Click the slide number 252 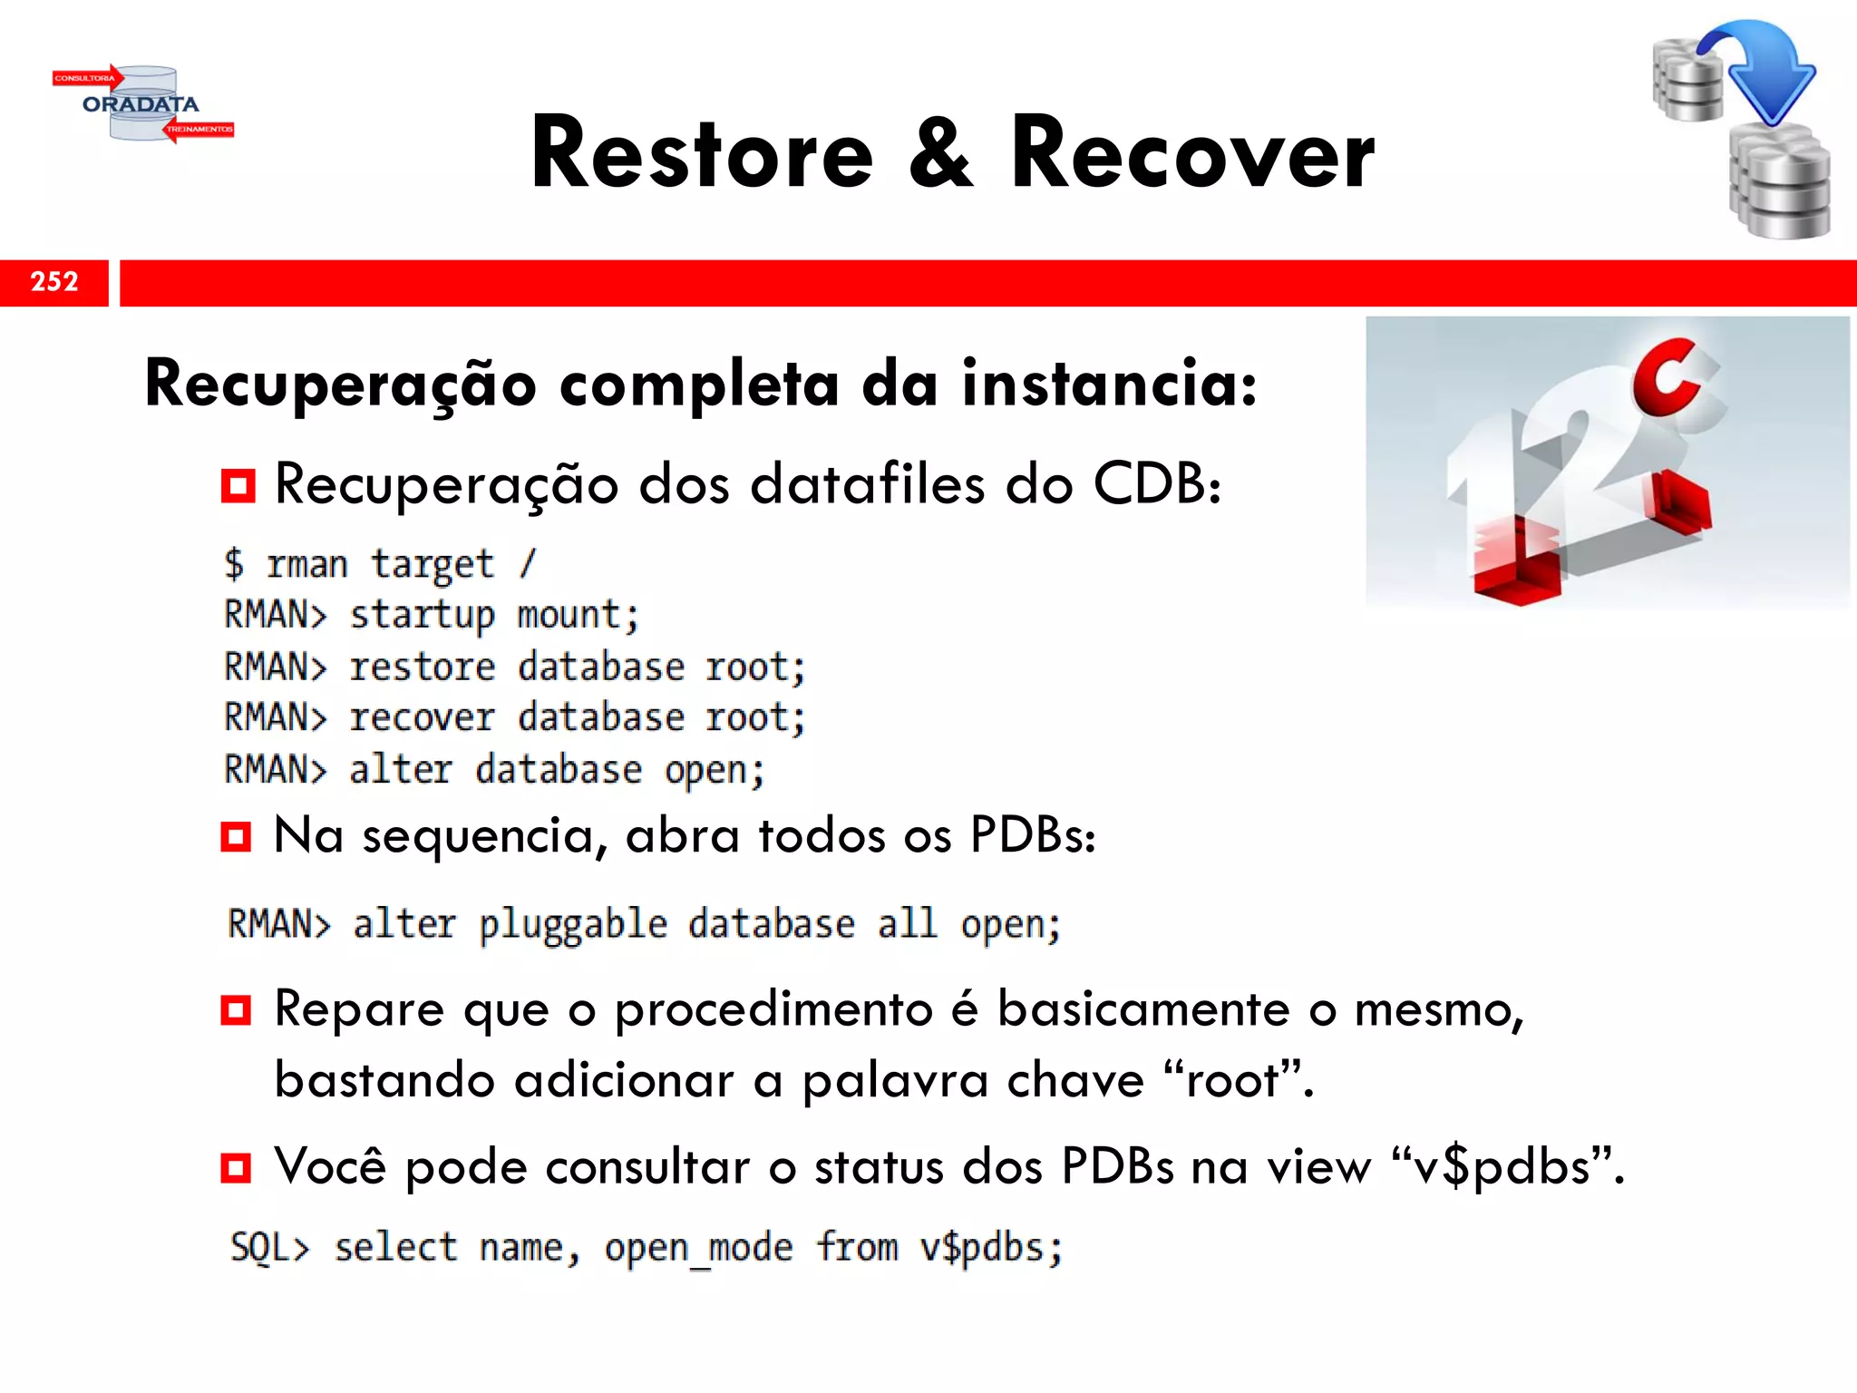[x=54, y=282]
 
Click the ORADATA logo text [x=141, y=104]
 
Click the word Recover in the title [x=1192, y=154]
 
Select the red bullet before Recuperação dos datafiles [x=238, y=486]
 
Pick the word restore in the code [x=423, y=667]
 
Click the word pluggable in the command [x=573, y=925]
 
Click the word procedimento [x=773, y=1009]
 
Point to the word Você [x=330, y=1166]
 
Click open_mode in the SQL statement [x=698, y=1249]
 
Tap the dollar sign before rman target [x=234, y=564]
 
